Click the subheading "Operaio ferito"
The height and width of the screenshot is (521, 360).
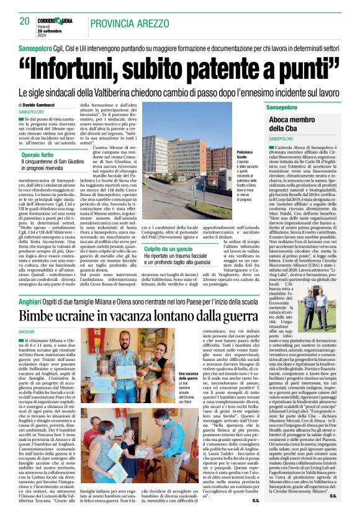(42, 154)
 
